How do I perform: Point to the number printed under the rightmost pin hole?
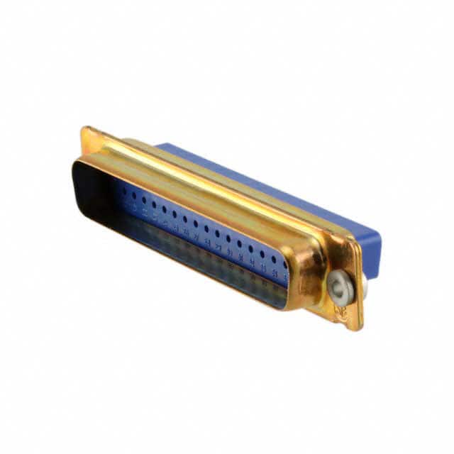[275, 270]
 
